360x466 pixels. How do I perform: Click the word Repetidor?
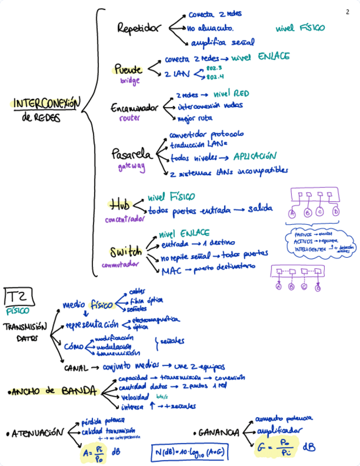point(139,28)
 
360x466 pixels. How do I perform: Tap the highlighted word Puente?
point(128,70)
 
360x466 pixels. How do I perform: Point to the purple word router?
point(130,118)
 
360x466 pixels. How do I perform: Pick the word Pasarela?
point(132,154)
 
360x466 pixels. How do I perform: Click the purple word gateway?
point(131,166)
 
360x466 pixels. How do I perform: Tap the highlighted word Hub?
point(120,206)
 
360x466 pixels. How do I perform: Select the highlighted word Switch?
point(126,252)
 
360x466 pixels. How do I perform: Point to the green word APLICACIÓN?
point(254,157)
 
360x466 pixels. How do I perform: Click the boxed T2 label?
point(20,297)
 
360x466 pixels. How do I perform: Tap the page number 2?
point(347,12)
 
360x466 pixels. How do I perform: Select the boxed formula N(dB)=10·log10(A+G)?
point(190,452)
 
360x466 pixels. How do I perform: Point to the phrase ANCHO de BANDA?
point(55,391)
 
